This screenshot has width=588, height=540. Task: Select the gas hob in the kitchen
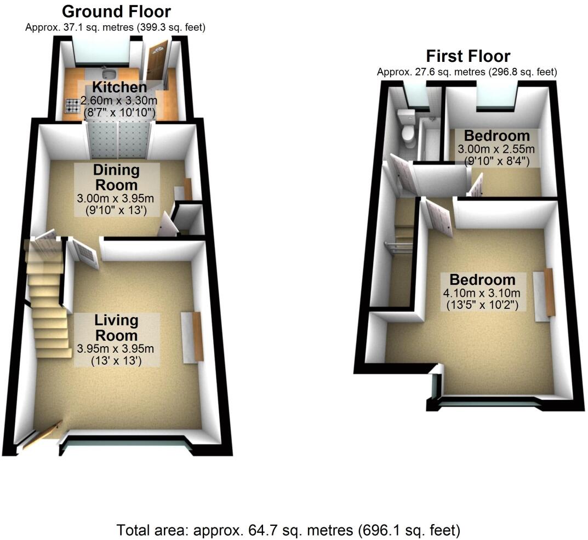click(71, 105)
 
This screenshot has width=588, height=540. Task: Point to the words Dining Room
click(116, 178)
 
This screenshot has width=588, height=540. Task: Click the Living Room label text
click(116, 327)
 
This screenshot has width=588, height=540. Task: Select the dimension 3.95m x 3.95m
click(116, 349)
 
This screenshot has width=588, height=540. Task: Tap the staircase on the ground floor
click(48, 307)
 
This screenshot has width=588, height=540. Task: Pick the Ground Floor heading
click(116, 11)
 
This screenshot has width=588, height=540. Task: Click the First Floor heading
click(468, 56)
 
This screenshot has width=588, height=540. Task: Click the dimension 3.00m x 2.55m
click(496, 149)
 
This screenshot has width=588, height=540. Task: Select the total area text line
click(288, 530)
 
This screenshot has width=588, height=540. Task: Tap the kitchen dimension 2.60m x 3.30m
click(119, 101)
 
